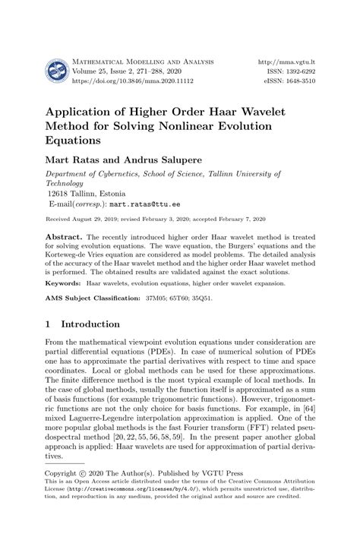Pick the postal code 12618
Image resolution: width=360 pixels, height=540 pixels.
(x=61, y=194)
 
